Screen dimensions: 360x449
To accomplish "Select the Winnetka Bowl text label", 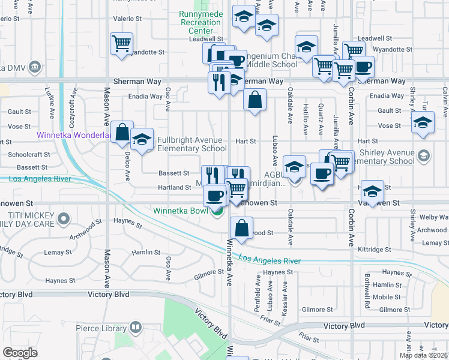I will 179,211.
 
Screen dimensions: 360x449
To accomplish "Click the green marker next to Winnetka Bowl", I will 218,211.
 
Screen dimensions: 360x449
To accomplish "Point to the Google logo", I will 20,353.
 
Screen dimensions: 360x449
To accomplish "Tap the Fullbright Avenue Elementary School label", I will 192,144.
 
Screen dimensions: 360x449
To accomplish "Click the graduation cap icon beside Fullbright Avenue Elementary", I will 142,140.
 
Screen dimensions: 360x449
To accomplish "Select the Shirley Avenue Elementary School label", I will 385,157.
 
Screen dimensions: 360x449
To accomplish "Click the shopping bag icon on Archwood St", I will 241,228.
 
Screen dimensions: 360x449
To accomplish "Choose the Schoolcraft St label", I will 29,154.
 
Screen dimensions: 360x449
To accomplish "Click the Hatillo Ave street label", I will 306,118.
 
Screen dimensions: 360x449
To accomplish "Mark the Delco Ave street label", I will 128,167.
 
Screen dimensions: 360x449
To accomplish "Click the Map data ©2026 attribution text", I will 424,355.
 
